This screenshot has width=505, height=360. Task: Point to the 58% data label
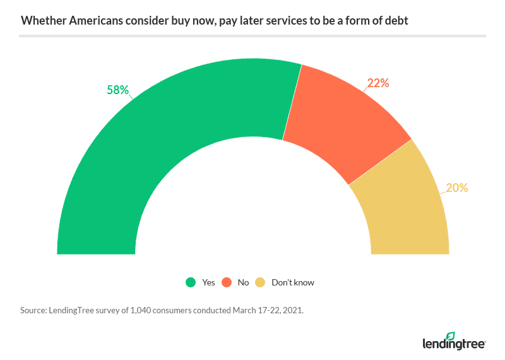117,90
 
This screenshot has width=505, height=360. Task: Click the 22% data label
378,83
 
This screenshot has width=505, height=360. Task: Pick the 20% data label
456,188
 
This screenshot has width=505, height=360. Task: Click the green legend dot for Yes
190,282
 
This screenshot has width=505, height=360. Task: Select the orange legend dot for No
225,282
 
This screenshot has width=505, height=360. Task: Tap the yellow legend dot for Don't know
259,282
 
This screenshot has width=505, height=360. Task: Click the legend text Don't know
292,282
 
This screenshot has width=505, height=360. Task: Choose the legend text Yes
208,282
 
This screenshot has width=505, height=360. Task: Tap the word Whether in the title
39,20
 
